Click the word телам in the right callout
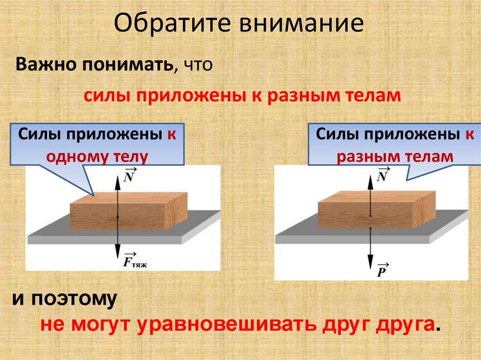point(430,156)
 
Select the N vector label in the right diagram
point(383,176)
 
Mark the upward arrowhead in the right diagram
point(371,173)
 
